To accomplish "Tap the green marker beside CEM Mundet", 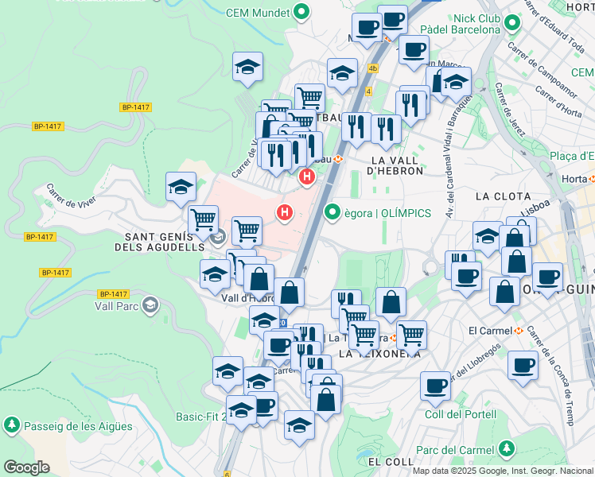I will tap(301, 12).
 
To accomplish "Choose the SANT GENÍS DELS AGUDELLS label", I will tap(165, 242).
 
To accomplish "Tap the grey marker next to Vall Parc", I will tap(150, 305).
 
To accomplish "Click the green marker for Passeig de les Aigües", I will tap(12, 425).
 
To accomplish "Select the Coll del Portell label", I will tap(461, 414).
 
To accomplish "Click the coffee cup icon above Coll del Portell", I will tap(435, 386).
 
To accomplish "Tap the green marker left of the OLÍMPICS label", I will tap(332, 212).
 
